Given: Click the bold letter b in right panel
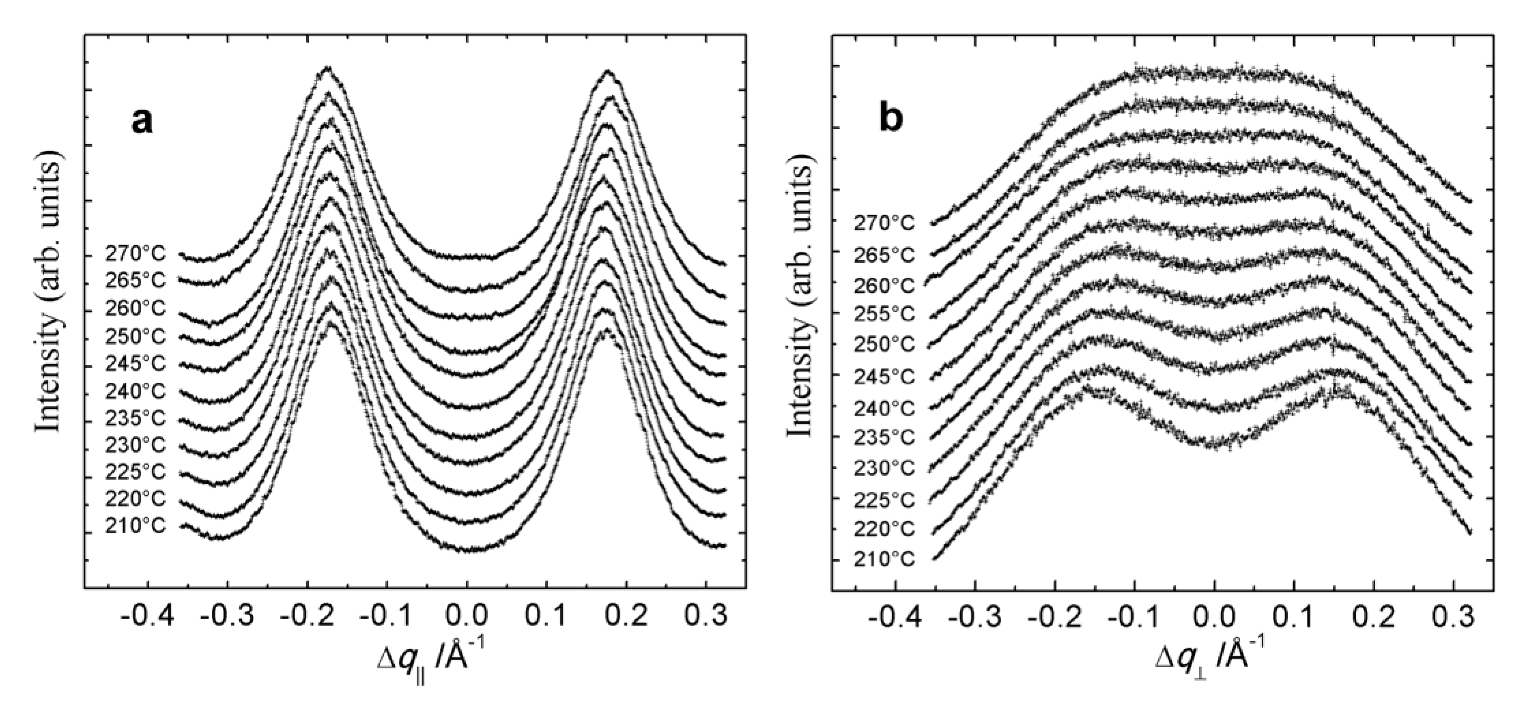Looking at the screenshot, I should coord(891,119).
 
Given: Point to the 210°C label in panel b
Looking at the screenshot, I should coord(884,559).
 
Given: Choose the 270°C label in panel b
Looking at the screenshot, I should coord(884,224).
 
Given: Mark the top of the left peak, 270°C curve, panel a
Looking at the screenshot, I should coord(328,68).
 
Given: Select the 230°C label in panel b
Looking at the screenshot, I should coord(884,468).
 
